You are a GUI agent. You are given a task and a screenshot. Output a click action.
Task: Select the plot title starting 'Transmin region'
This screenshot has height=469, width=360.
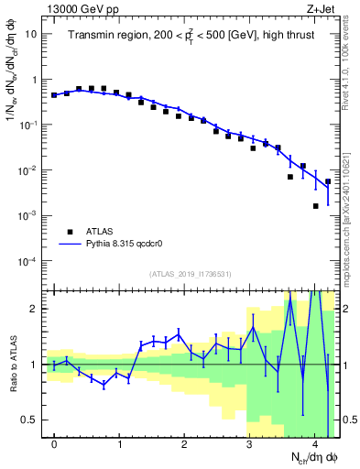click(x=191, y=36)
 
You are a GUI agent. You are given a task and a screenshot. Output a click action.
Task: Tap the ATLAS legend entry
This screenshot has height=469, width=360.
click(x=100, y=232)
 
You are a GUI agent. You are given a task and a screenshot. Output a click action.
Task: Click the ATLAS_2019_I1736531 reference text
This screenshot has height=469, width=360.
click(x=191, y=274)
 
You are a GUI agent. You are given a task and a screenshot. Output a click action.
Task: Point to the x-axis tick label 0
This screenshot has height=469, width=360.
click(x=55, y=444)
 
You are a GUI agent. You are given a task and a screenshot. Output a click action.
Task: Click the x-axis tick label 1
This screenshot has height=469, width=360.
click(x=120, y=444)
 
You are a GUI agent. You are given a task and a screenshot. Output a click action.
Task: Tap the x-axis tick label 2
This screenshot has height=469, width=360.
click(x=185, y=444)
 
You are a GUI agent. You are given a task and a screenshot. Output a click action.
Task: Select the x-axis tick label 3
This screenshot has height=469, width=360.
click(x=249, y=444)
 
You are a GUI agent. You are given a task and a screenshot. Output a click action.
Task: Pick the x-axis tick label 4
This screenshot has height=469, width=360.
click(x=314, y=444)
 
